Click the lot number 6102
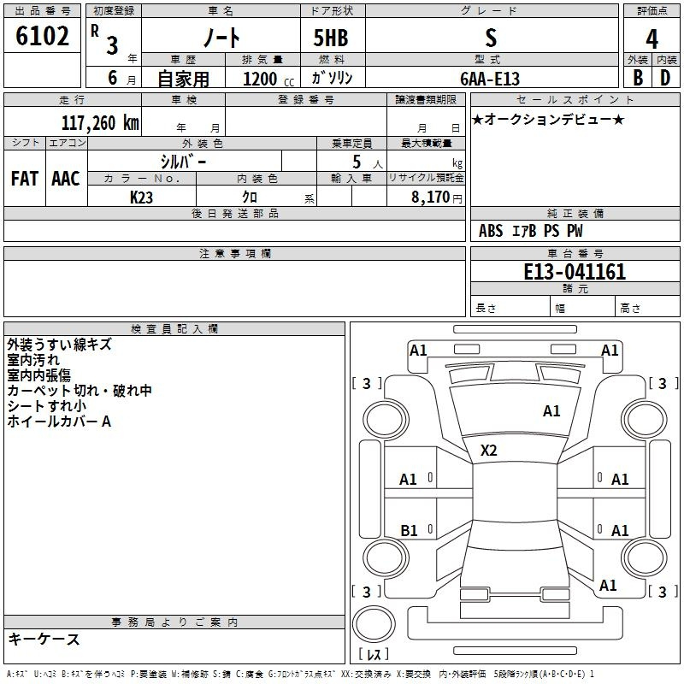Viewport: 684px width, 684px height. click(42, 36)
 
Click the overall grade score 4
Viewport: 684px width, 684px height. click(652, 39)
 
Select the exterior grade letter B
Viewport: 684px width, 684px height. click(638, 78)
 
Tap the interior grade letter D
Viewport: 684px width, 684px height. click(665, 78)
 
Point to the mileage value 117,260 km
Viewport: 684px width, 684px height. click(100, 122)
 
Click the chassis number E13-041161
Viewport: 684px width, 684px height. click(575, 272)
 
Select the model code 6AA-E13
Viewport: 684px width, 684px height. click(490, 79)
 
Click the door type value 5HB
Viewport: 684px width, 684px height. click(331, 38)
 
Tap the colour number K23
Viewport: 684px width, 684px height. click(141, 198)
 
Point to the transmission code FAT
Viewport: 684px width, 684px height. click(25, 179)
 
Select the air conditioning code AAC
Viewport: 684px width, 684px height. click(66, 179)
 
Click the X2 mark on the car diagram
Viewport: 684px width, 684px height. click(488, 451)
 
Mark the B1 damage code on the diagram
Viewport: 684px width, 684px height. click(409, 530)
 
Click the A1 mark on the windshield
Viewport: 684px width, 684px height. click(551, 411)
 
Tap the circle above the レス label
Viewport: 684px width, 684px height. click(374, 624)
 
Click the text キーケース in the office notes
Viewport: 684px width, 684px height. click(44, 639)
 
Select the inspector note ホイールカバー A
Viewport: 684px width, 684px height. click(59, 422)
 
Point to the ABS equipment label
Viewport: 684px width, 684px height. click(491, 231)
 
